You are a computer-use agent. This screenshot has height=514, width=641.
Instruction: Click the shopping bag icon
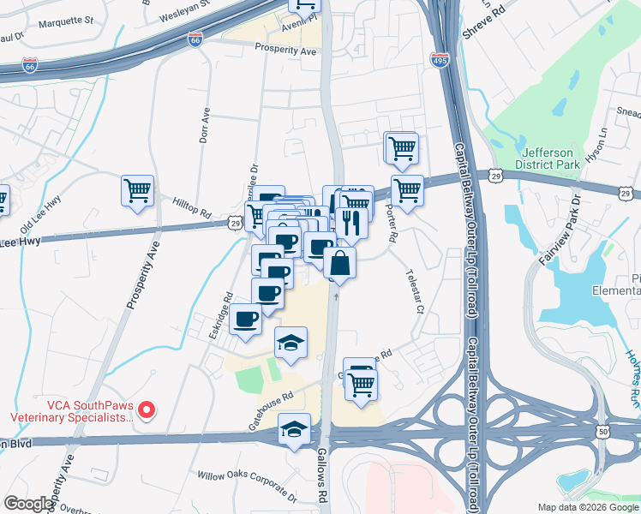point(339,265)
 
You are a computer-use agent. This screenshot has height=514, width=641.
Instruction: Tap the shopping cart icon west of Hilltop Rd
point(137,191)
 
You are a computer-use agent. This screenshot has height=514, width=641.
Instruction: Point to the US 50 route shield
point(604,433)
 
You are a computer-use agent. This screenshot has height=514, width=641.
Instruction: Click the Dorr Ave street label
point(205,125)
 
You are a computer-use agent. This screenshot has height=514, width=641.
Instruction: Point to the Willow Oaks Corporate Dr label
point(246,486)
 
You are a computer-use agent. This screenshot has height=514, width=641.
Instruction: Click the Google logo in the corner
point(29,504)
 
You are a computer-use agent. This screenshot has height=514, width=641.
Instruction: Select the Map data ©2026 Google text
point(587,507)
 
